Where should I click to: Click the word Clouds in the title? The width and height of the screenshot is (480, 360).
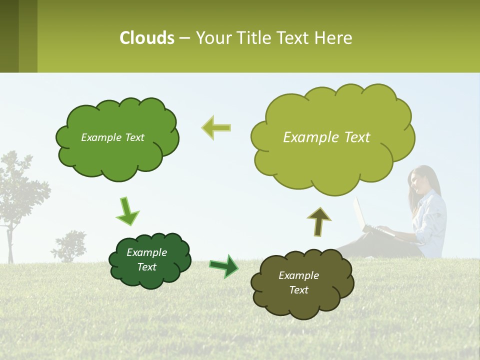pos(146,38)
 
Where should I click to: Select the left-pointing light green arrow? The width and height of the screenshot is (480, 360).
pos(216,127)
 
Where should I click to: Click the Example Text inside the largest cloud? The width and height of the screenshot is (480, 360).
pos(326,137)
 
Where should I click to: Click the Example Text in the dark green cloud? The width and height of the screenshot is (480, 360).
pos(146,259)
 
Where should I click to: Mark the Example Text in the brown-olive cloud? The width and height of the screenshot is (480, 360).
pos(298,282)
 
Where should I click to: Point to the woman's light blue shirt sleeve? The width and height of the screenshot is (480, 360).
pos(431,220)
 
